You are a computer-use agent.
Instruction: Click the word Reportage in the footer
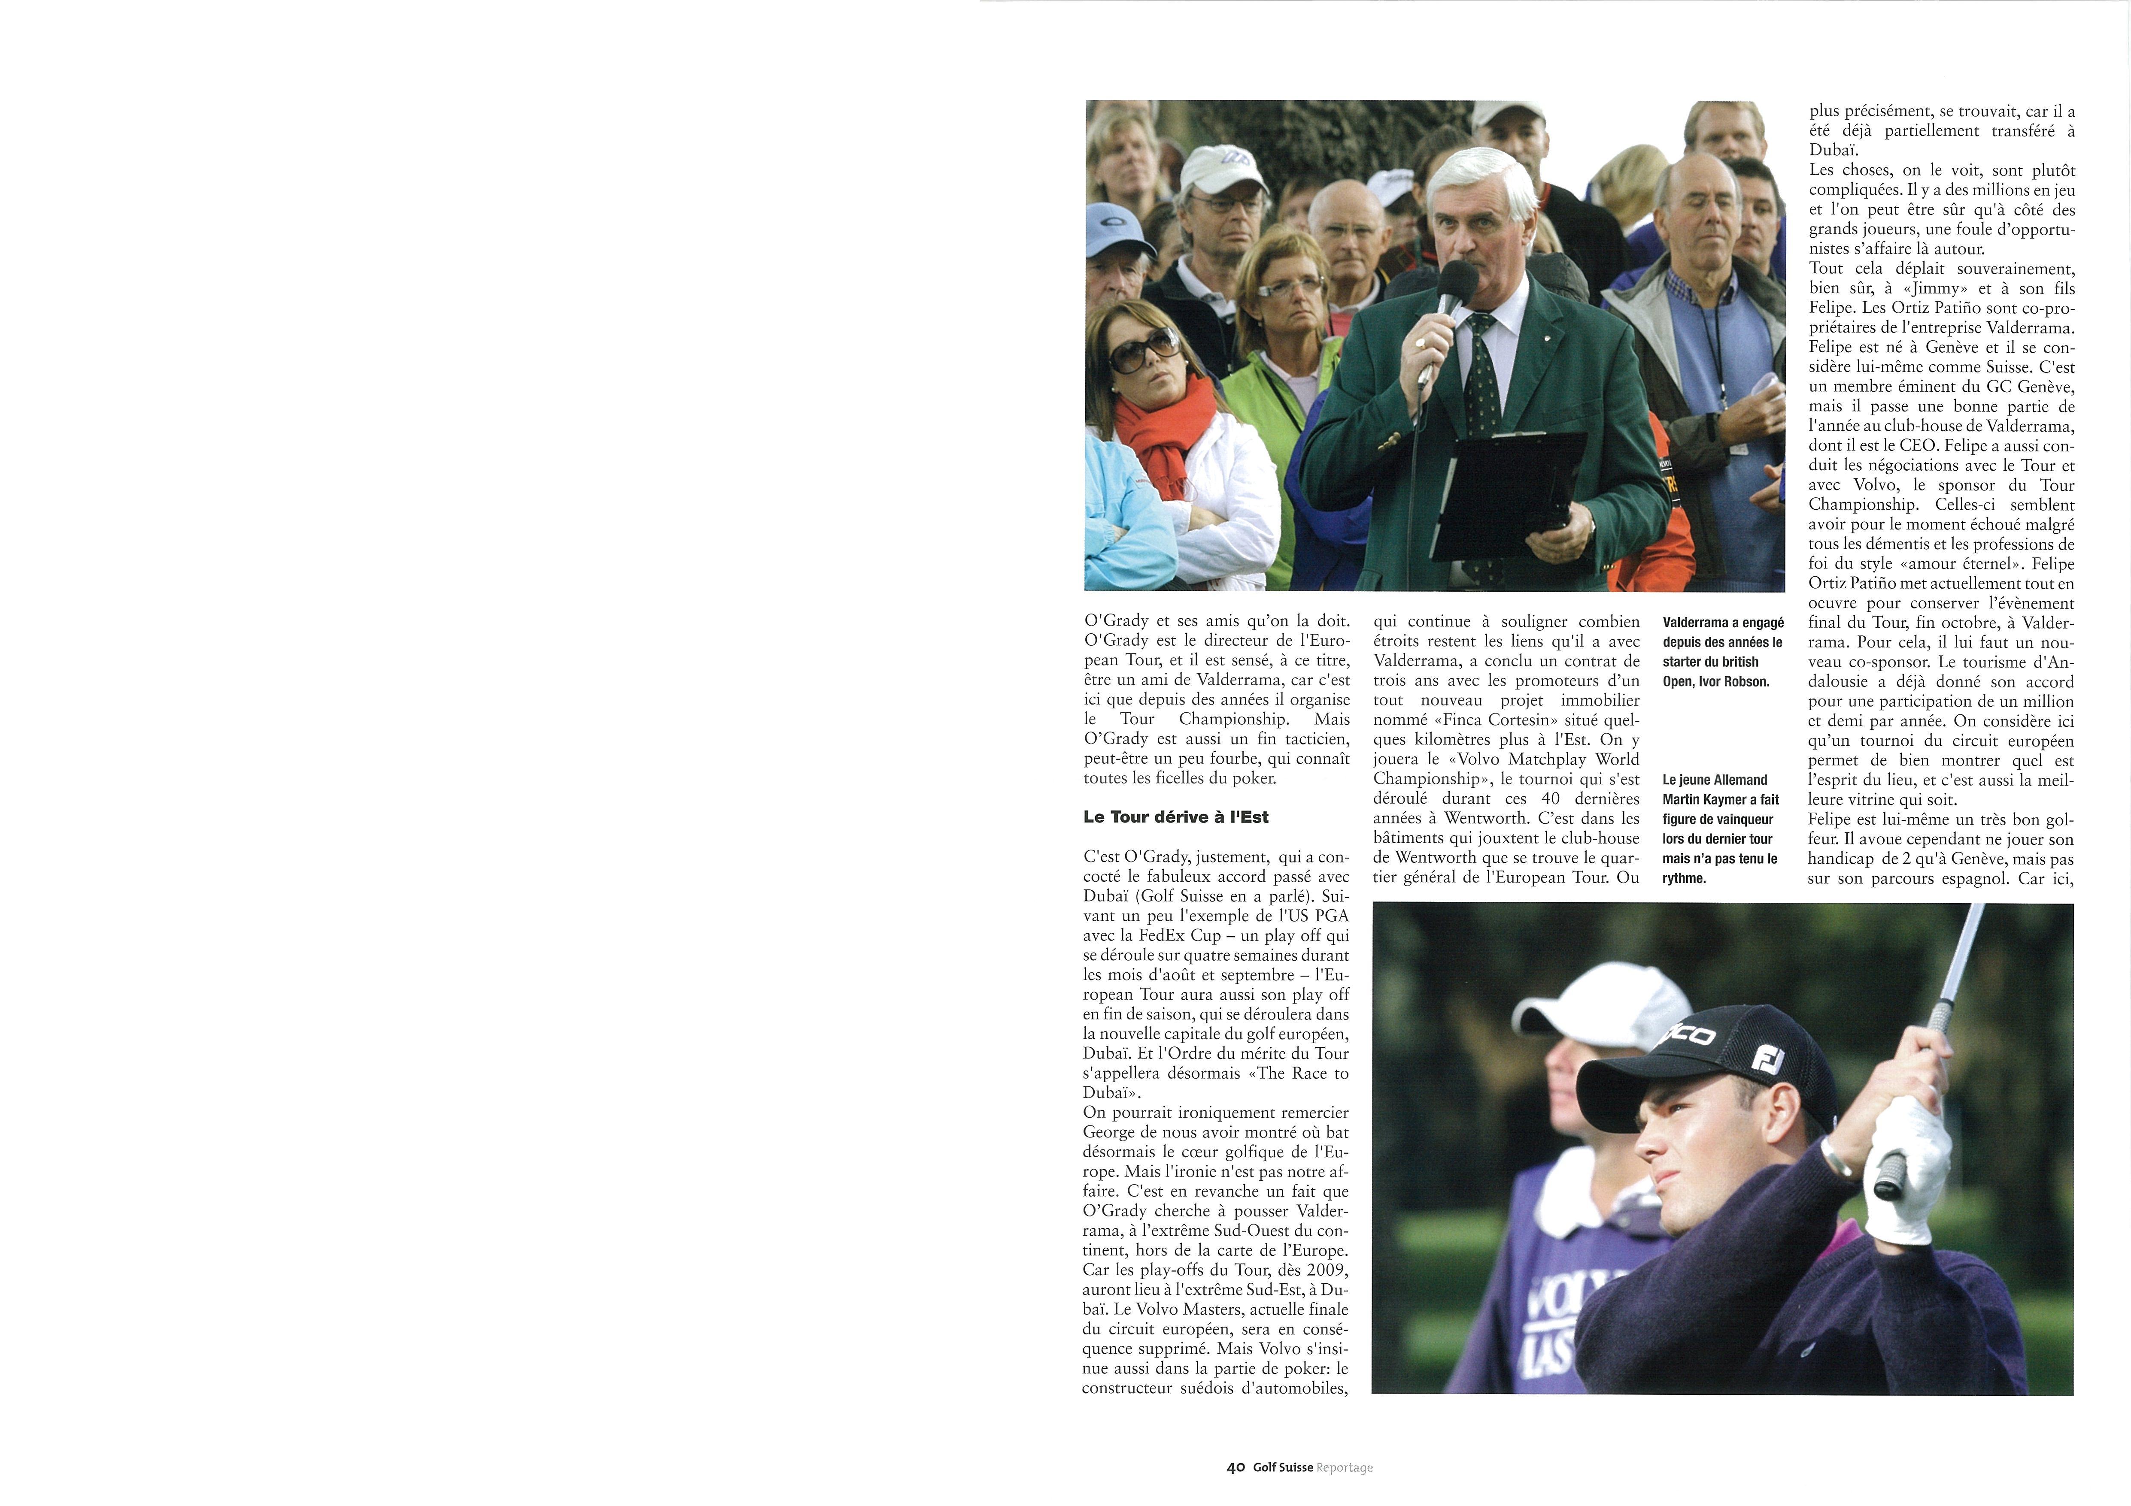point(1345,1468)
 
